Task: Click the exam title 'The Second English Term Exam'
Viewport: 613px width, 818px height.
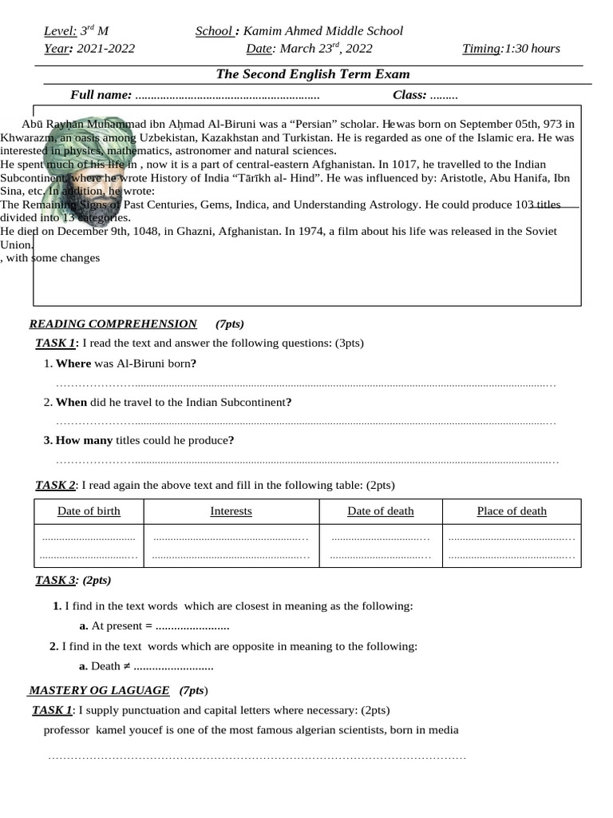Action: click(x=313, y=74)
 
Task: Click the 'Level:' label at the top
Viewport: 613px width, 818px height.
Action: click(x=60, y=31)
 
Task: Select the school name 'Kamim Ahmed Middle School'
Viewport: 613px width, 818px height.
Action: click(x=322, y=31)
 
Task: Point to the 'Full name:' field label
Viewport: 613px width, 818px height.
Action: click(x=101, y=95)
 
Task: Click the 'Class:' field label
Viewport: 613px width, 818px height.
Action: click(x=409, y=95)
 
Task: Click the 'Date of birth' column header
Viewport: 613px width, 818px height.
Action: click(x=89, y=511)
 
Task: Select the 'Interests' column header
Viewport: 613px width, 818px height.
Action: click(x=231, y=511)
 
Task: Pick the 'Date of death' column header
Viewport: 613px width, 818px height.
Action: click(x=380, y=511)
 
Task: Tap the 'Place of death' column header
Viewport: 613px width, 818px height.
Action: click(x=512, y=511)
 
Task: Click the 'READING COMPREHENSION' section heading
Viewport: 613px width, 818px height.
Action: click(x=113, y=324)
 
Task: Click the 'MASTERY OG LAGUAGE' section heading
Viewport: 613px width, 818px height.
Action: click(x=99, y=690)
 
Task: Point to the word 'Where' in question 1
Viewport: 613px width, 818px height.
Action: click(x=73, y=363)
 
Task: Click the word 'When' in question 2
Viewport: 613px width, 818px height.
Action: click(x=71, y=402)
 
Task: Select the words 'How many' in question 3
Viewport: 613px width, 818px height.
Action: click(x=85, y=440)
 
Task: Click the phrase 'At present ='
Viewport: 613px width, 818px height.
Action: click(x=121, y=626)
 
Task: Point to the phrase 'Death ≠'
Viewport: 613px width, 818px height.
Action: click(x=111, y=666)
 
